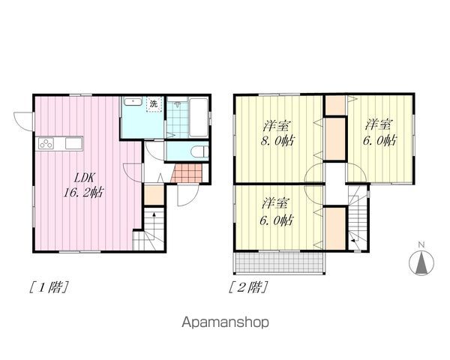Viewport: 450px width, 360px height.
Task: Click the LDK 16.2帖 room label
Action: point(84,185)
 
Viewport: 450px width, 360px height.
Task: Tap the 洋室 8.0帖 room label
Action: point(277,133)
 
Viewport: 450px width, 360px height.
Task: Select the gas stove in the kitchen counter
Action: point(46,143)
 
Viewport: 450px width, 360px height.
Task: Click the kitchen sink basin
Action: point(73,143)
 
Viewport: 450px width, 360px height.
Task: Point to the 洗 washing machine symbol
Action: point(154,104)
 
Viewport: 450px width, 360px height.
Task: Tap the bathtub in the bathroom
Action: point(199,117)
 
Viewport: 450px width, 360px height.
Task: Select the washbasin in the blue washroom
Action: point(132,102)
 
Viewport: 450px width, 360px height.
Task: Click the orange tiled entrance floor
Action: point(187,172)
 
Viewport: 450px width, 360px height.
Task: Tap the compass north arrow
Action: point(421,263)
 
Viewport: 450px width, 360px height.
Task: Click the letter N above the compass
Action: point(421,245)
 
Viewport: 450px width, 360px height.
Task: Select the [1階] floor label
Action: point(49,287)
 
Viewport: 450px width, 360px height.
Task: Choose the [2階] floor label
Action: point(248,287)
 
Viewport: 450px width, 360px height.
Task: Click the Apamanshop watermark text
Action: point(225,322)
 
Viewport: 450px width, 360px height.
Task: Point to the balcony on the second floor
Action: point(280,262)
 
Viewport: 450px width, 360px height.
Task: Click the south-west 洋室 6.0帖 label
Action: point(276,211)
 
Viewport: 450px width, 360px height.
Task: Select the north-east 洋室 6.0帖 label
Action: point(379,133)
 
